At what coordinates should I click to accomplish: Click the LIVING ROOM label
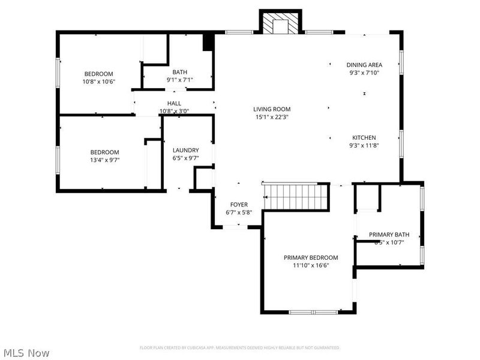tap(271, 109)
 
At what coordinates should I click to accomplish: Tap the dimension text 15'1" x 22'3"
tap(271, 117)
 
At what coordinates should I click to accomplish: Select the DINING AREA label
tap(364, 65)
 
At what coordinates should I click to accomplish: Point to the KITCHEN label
tap(364, 137)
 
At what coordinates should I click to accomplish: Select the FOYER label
tap(239, 205)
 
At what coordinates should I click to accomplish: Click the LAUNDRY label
tap(185, 150)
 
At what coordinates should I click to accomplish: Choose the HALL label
tap(174, 103)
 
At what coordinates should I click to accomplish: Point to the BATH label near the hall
tap(179, 72)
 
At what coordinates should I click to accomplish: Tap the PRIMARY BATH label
tap(389, 235)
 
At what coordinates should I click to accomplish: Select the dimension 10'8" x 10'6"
tap(98, 82)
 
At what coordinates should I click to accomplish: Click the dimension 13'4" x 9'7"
tap(104, 160)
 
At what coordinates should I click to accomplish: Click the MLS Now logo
tap(26, 353)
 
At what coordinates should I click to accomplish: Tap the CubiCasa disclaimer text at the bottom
tap(240, 348)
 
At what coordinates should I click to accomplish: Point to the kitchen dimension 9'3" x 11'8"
tap(364, 145)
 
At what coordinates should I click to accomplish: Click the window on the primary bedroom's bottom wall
tap(313, 312)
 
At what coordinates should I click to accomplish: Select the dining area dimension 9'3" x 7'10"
tap(364, 73)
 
